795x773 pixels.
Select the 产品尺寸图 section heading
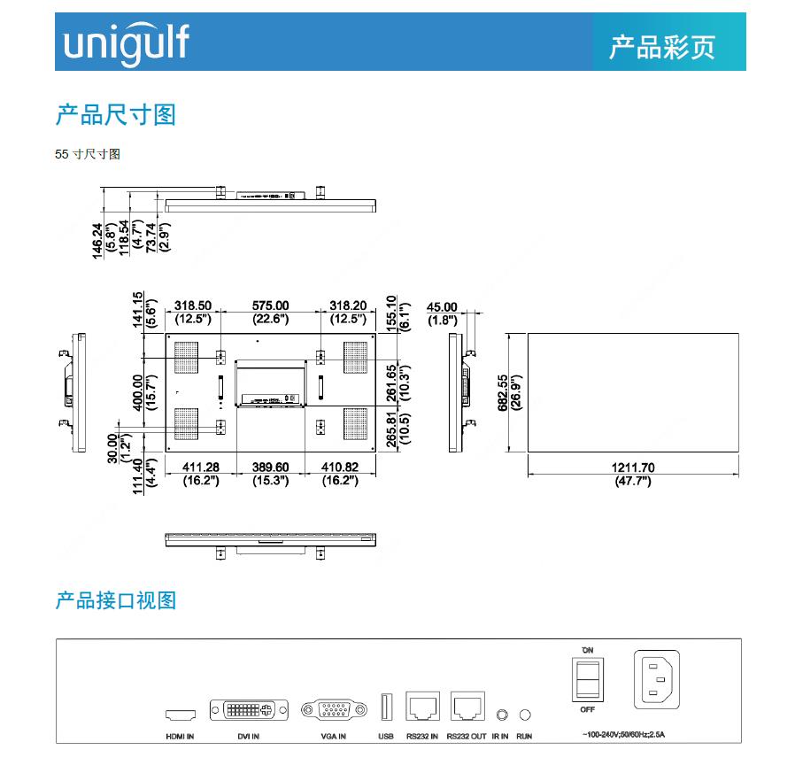(116, 114)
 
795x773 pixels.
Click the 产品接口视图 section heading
(116, 600)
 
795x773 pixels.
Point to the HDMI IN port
(180, 714)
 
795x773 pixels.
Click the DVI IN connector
(249, 710)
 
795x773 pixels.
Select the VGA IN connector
(333, 710)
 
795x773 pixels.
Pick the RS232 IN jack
(422, 707)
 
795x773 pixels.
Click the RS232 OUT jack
(467, 707)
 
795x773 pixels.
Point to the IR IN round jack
(503, 714)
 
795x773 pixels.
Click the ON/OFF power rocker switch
(587, 680)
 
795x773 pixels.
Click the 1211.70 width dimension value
(632, 468)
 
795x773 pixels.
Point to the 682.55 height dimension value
(503, 393)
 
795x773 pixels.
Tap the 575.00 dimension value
(271, 306)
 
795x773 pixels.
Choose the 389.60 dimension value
(271, 468)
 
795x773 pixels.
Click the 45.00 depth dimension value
(443, 308)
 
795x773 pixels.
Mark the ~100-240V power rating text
(622, 735)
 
